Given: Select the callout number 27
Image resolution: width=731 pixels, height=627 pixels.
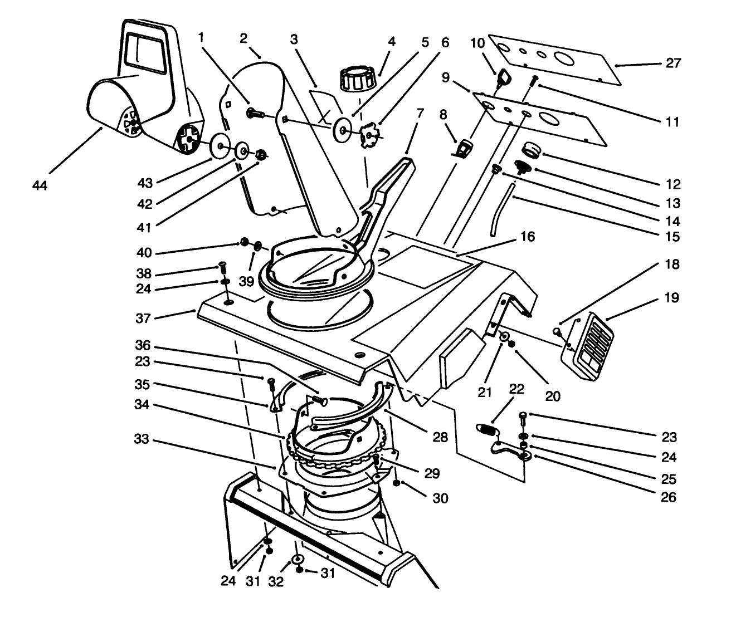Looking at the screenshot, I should point(673,63).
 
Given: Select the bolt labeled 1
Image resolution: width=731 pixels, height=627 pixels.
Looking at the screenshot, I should point(256,114).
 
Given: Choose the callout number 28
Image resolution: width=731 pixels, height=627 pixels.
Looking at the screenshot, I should point(440,438).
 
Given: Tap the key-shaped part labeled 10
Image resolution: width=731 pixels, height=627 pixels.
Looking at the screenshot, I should point(504,77).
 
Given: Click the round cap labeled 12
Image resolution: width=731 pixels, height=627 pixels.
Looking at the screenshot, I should point(532,149).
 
